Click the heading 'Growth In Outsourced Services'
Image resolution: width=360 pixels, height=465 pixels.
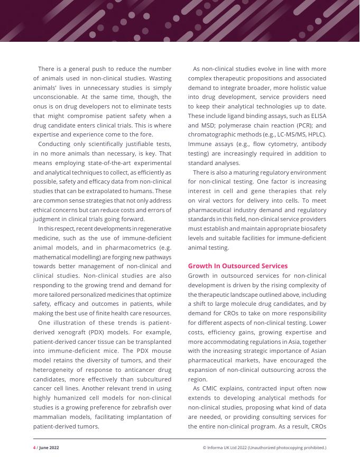point(238,266)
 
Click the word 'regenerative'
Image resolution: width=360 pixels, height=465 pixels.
point(149,228)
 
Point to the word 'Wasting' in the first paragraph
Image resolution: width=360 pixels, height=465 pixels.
point(159,78)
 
